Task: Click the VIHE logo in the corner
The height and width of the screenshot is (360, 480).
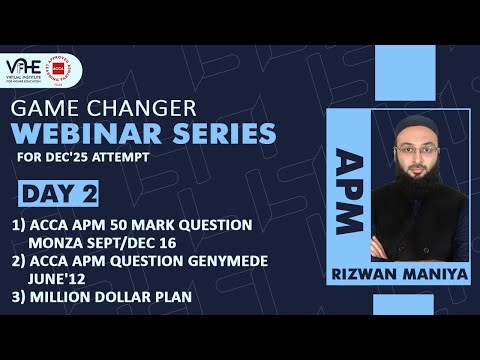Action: [32, 72]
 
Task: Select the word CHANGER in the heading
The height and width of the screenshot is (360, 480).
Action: [131, 108]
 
